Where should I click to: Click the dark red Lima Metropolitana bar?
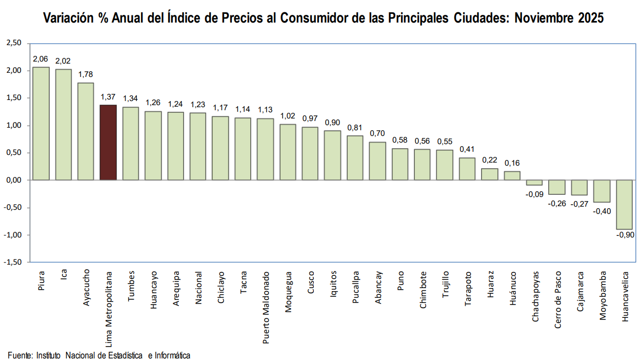pos(108,143)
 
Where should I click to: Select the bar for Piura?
pos(41,124)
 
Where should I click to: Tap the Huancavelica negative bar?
pos(624,205)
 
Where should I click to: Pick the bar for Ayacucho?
pos(86,131)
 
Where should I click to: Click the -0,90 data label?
pos(624,235)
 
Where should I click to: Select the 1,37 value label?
pos(108,97)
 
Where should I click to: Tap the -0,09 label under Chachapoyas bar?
pos(534,194)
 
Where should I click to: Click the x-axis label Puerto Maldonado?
pos(266,300)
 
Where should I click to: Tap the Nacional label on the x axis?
pos(198,288)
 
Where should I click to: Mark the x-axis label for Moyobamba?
pos(602,296)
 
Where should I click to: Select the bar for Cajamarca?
pos(579,188)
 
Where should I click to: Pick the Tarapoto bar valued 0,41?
pos(467,169)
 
